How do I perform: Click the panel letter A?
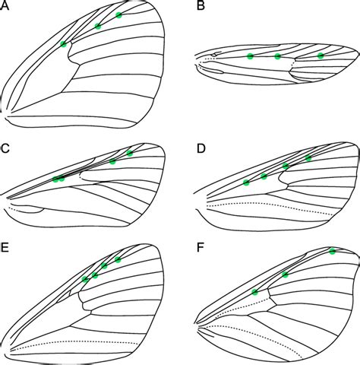[x=5, y=5]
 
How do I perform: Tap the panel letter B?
[x=201, y=5]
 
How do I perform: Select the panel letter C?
[x=5, y=148]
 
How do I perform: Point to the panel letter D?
[x=201, y=148]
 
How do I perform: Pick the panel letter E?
[x=5, y=248]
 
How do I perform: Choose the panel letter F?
[x=201, y=248]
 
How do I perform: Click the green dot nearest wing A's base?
[x=64, y=44]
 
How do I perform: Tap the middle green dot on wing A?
[x=98, y=26]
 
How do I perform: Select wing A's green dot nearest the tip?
[x=118, y=15]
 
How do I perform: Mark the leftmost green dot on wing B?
[x=250, y=56]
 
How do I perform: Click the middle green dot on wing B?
[x=277, y=56]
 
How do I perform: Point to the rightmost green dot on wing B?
[x=321, y=56]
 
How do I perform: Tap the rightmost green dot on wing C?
[x=130, y=153]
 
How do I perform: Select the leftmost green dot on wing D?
[x=246, y=182]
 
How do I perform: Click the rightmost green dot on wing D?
[x=308, y=158]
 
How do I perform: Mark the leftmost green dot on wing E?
[x=85, y=279]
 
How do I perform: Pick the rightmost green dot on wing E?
[x=118, y=259]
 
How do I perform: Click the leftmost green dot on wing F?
[x=254, y=292]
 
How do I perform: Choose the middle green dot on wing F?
[x=285, y=275]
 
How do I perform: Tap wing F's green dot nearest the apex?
[x=333, y=252]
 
